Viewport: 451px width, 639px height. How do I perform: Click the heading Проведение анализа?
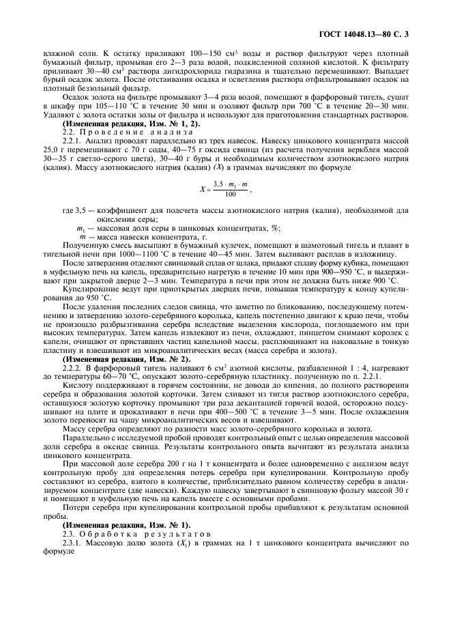pyautogui.click(x=112, y=132)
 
